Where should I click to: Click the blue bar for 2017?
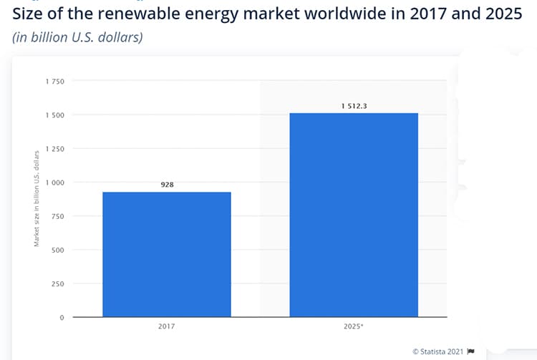point(167,254)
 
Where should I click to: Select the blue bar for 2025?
point(354,215)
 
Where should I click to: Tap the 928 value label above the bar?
point(167,185)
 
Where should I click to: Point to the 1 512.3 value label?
point(354,106)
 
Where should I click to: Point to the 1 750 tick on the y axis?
point(55,82)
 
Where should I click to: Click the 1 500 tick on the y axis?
point(55,115)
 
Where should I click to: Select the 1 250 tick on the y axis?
point(55,149)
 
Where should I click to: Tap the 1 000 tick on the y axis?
point(55,183)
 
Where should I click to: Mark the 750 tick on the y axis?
point(58,216)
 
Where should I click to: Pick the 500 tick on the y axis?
point(58,250)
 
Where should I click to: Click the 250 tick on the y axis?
point(58,283)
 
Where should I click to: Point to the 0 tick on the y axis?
point(62,317)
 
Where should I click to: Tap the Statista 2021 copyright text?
point(437,351)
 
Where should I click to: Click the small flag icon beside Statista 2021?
point(470,351)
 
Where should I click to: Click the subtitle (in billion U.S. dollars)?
point(78,37)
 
